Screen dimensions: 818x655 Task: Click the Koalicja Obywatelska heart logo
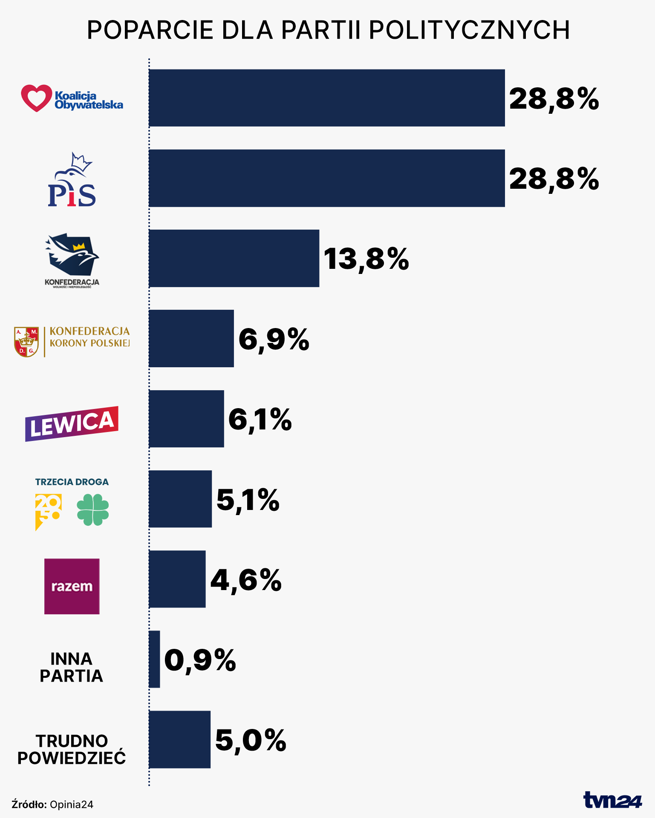pyautogui.click(x=36, y=98)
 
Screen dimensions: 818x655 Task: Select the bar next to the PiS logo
pyautogui.click(x=326, y=178)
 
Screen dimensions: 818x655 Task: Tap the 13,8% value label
pyautogui.click(x=366, y=259)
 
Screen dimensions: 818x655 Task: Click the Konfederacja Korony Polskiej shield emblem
pyautogui.click(x=26, y=342)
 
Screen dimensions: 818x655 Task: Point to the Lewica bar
pyautogui.click(x=186, y=419)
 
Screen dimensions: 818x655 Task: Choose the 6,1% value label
pyautogui.click(x=260, y=419)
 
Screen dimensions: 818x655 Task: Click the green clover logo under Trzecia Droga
pyautogui.click(x=93, y=510)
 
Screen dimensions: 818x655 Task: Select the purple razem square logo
pyautogui.click(x=72, y=586)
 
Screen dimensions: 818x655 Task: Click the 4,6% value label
pyautogui.click(x=246, y=580)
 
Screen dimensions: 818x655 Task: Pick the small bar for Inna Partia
pyautogui.click(x=154, y=659)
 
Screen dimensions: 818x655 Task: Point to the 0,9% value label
pyautogui.click(x=200, y=660)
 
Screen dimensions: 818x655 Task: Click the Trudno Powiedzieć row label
pyautogui.click(x=72, y=749)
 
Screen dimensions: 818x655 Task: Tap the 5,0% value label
pyautogui.click(x=251, y=740)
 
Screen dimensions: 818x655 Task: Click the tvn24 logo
pyautogui.click(x=612, y=800)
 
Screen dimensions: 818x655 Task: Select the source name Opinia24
pyautogui.click(x=72, y=804)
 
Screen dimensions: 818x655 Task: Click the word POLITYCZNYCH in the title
pyautogui.click(x=469, y=30)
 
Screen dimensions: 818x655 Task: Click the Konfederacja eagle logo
pyautogui.click(x=72, y=254)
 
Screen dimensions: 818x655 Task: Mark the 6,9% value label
pyautogui.click(x=274, y=340)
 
